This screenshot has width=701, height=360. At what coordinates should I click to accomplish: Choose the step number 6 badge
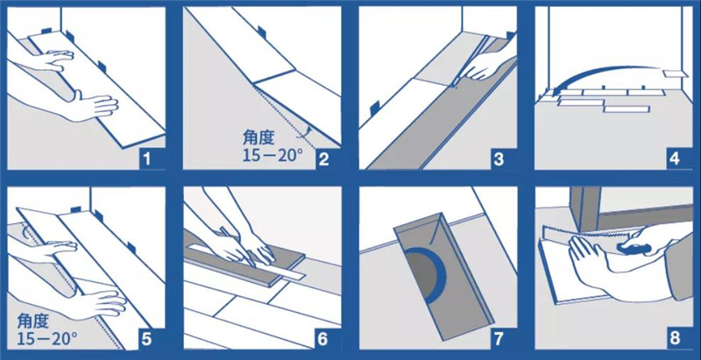pos(324,337)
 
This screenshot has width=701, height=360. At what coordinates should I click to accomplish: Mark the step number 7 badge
pos(499,337)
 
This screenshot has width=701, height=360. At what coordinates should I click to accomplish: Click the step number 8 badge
pos(674,337)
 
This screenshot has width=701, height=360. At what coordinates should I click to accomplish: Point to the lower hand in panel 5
pos(96,298)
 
